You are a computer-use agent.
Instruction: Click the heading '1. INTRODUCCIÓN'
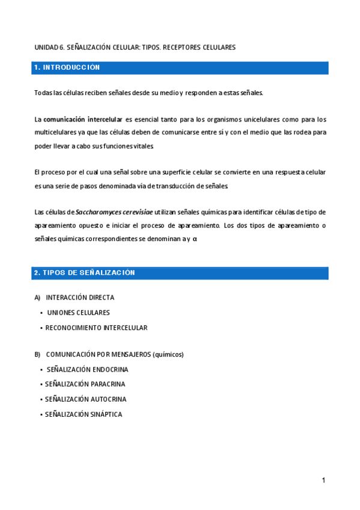pos(67,68)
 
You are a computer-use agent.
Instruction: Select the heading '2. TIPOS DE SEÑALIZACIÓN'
pos(85,273)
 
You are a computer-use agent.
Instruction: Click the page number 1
pos(323,481)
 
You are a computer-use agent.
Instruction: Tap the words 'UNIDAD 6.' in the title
pos(49,47)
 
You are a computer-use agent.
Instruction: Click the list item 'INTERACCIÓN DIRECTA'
pos(80,298)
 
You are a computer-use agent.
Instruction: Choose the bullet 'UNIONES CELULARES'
pos(78,313)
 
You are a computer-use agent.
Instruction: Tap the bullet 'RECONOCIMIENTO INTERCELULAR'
pos(96,328)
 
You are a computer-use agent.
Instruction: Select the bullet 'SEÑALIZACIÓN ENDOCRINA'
pos(87,370)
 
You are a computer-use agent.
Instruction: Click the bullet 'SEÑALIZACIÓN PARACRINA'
pos(85,384)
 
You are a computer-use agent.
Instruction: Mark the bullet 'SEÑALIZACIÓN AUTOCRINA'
pos(85,399)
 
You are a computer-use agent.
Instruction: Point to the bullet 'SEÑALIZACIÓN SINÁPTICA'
pos(84,414)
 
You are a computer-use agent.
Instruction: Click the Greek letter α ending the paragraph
pos(195,239)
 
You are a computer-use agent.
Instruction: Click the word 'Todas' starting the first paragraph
pos(43,93)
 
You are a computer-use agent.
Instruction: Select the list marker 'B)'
pos(37,355)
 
